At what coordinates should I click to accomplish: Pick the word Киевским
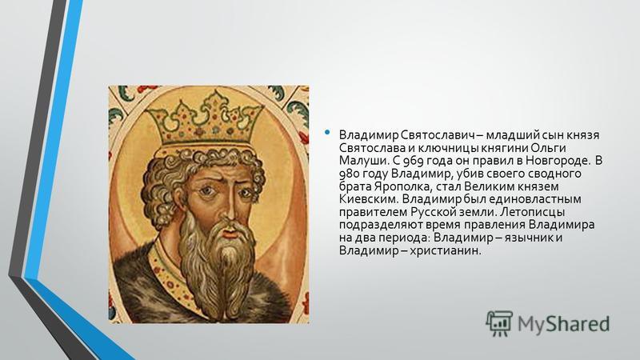[368, 199]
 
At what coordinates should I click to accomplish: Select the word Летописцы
[532, 212]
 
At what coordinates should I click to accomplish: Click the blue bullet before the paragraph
[327, 132]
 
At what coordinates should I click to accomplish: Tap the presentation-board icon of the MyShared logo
[499, 323]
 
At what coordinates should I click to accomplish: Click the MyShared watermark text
[563, 323]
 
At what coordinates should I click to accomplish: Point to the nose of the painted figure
[229, 208]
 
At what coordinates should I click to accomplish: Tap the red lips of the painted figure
[230, 234]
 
